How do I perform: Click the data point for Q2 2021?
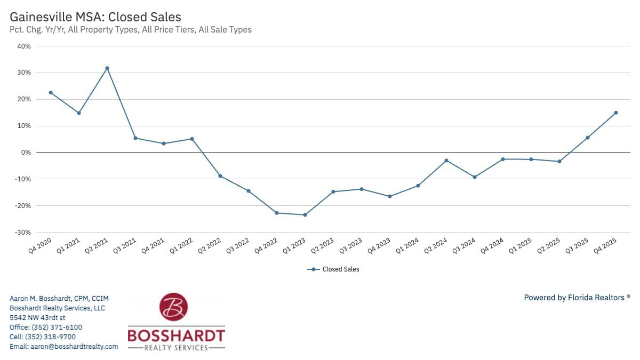tap(107, 68)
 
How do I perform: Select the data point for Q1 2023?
tap(305, 215)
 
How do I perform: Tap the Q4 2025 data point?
tap(615, 113)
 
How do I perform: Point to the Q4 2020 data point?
tap(51, 92)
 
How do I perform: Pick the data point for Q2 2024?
tap(446, 161)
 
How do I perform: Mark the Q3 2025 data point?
tap(587, 138)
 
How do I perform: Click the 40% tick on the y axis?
tap(24, 46)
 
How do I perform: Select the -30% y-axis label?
tap(22, 233)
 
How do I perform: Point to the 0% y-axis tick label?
tap(26, 153)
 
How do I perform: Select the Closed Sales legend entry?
tap(333, 269)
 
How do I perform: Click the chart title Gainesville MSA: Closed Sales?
tap(95, 17)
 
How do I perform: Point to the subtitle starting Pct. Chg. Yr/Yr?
tap(131, 30)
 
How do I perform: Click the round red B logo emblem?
tap(174, 307)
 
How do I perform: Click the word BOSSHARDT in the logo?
tap(176, 335)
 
